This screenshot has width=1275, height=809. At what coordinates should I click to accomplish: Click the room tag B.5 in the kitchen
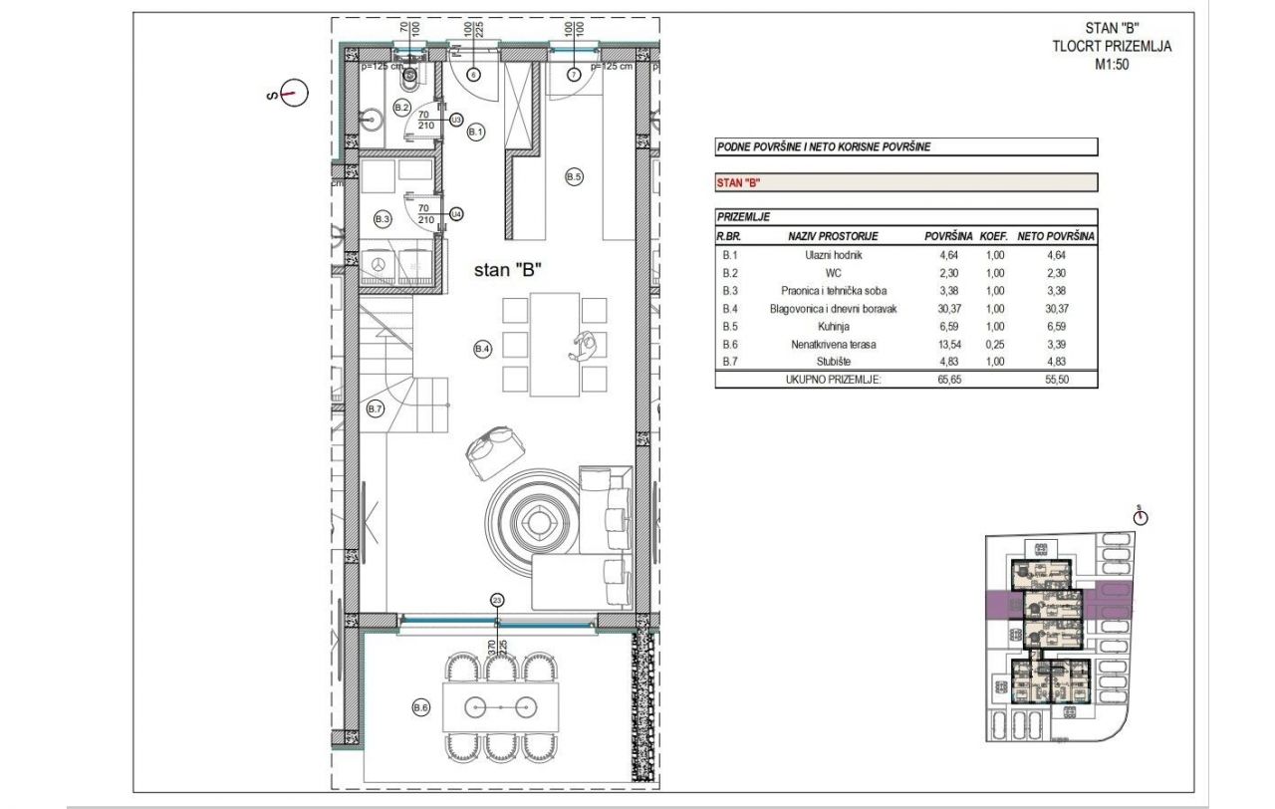click(574, 176)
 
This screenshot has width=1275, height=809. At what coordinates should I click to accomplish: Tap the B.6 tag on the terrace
click(420, 707)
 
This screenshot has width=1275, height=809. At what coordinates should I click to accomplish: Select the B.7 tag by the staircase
click(376, 408)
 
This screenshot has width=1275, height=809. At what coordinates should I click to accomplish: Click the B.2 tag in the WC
click(402, 106)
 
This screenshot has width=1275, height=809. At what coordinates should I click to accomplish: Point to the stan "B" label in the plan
click(507, 270)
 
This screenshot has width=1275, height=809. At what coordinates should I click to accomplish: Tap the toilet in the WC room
click(409, 72)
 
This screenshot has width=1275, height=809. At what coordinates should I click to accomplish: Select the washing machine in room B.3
click(379, 265)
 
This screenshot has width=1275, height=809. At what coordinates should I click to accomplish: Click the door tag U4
click(456, 213)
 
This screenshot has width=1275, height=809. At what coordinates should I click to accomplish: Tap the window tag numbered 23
click(497, 600)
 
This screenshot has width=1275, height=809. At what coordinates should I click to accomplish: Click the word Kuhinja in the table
click(833, 326)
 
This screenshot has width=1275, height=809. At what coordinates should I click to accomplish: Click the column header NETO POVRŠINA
click(1056, 237)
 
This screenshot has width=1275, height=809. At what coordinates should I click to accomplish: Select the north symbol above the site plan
click(1141, 515)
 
